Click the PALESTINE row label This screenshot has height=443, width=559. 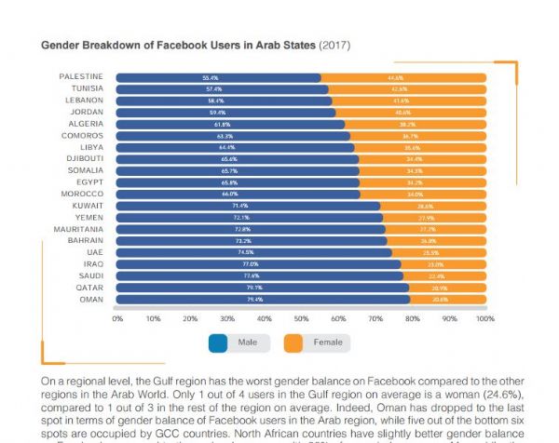coord(81,77)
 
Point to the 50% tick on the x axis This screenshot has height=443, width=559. coord(301,318)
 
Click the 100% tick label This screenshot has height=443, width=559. coord(484,318)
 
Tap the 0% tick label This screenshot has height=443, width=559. coord(118,318)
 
